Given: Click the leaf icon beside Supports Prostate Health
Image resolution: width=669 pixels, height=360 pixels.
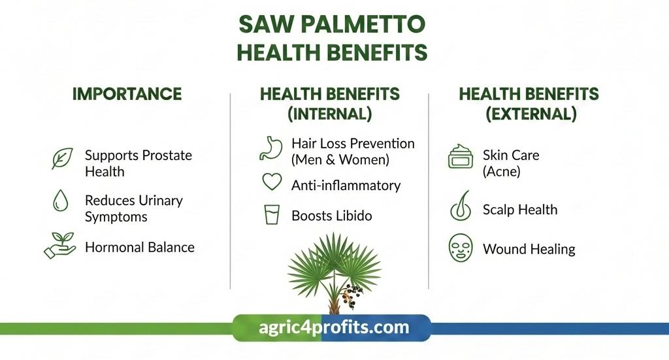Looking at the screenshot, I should pos(62,159).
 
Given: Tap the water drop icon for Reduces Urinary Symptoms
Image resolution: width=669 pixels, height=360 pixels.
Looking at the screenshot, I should pos(61,200).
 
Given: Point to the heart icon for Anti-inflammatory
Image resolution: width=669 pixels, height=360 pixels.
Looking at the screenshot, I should pos(271,182).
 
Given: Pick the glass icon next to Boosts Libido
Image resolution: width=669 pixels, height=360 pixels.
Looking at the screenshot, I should pos(271,215).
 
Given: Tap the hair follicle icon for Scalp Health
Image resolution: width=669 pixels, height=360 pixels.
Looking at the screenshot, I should pos(461,206).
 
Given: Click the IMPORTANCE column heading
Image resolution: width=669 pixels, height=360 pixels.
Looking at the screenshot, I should pos(127,93).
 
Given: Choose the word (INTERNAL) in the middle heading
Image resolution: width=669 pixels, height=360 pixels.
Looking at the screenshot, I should pos(329,114).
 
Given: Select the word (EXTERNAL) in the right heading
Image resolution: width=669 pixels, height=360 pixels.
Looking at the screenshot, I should pos(530,114).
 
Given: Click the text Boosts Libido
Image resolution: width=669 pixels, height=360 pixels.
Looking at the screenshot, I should pos(331,216).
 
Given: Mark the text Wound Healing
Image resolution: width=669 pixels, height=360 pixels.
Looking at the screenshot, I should pos(529,249).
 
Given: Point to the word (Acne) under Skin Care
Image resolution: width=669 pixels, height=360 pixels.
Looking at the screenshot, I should pos(501,172).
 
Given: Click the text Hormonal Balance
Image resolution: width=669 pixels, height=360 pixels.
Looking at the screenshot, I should pos(139,247).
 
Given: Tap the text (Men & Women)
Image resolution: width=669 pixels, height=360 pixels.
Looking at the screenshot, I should pos(340,159).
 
